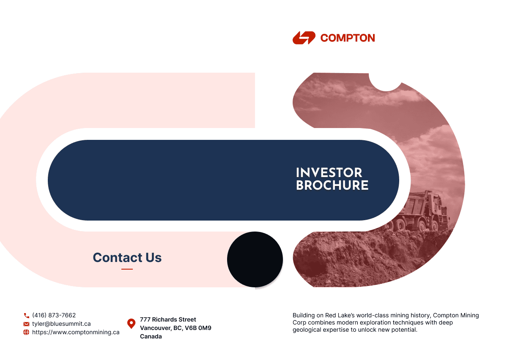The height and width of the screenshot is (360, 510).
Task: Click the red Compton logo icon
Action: [x=304, y=38]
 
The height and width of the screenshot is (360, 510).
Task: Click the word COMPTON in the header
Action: [x=348, y=38]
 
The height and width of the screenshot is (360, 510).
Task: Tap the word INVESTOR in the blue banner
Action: [x=329, y=172]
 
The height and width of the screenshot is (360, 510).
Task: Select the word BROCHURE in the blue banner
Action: [x=332, y=185]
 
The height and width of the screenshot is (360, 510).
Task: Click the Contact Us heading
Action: [x=127, y=257]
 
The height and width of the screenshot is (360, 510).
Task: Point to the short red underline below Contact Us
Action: [x=127, y=269]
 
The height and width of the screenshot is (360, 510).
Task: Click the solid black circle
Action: [x=255, y=259]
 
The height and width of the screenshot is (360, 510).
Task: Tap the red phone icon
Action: [x=26, y=315]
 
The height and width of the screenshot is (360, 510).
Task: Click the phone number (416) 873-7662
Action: [x=54, y=315]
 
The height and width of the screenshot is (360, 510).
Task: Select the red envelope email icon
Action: [x=26, y=324]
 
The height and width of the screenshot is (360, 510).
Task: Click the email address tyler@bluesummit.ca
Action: [x=61, y=324]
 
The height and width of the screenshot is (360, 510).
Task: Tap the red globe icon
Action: [x=26, y=332]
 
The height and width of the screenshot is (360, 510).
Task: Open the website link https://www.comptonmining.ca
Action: [x=76, y=332]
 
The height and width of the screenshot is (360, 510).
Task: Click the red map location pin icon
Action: [x=132, y=324]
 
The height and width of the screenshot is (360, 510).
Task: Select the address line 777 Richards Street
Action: [x=168, y=319]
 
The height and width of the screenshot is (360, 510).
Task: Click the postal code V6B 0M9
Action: [x=198, y=328]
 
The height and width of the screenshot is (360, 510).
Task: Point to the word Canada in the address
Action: [x=151, y=336]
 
